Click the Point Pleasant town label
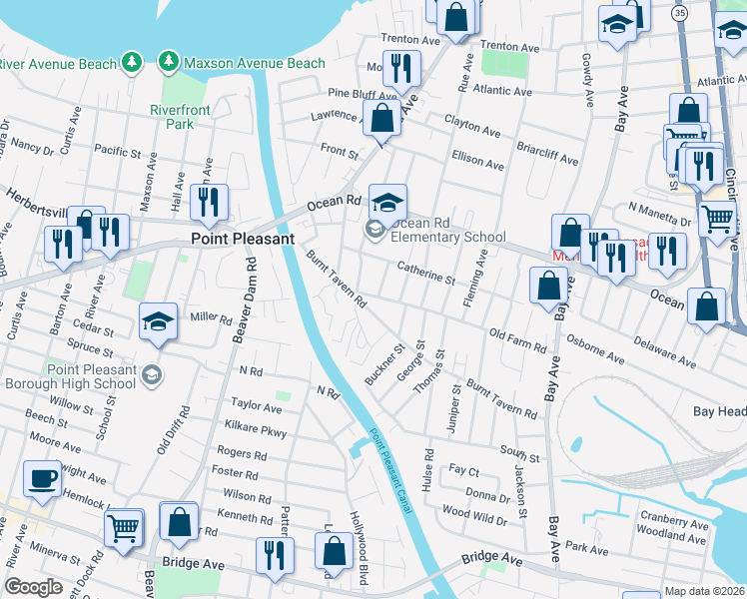243,240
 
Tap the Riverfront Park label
171,117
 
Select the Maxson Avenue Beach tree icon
168,63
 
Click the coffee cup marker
42,479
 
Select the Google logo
33,587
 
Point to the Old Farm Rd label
518,341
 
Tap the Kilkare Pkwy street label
257,432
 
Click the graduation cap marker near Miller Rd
158,321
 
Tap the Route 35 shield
680,13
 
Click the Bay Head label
719,410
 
